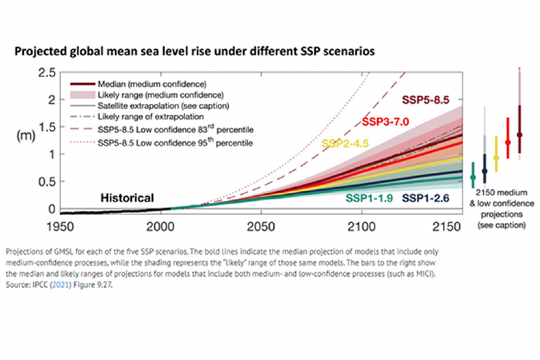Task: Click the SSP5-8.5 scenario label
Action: tap(425, 100)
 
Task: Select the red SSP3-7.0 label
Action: tap(385, 121)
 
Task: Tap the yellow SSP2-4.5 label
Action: tap(345, 144)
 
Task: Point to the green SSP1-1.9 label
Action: tap(369, 198)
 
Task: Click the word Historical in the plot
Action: tap(127, 198)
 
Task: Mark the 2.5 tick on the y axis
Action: tap(47, 73)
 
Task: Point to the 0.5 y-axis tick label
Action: tap(47, 182)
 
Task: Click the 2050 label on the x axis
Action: tap(261, 227)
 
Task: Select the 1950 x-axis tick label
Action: tap(60, 227)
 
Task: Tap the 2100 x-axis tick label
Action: tap(361, 227)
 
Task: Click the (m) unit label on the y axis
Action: tap(26, 136)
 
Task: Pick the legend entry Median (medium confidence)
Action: tap(152, 84)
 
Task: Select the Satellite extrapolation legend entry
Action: tap(163, 106)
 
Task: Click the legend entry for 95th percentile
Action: tap(175, 143)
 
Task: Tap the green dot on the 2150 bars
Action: tap(473, 177)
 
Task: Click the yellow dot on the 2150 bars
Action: tap(496, 158)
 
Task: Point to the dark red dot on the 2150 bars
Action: tap(519, 135)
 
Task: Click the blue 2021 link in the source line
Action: tap(61, 285)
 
